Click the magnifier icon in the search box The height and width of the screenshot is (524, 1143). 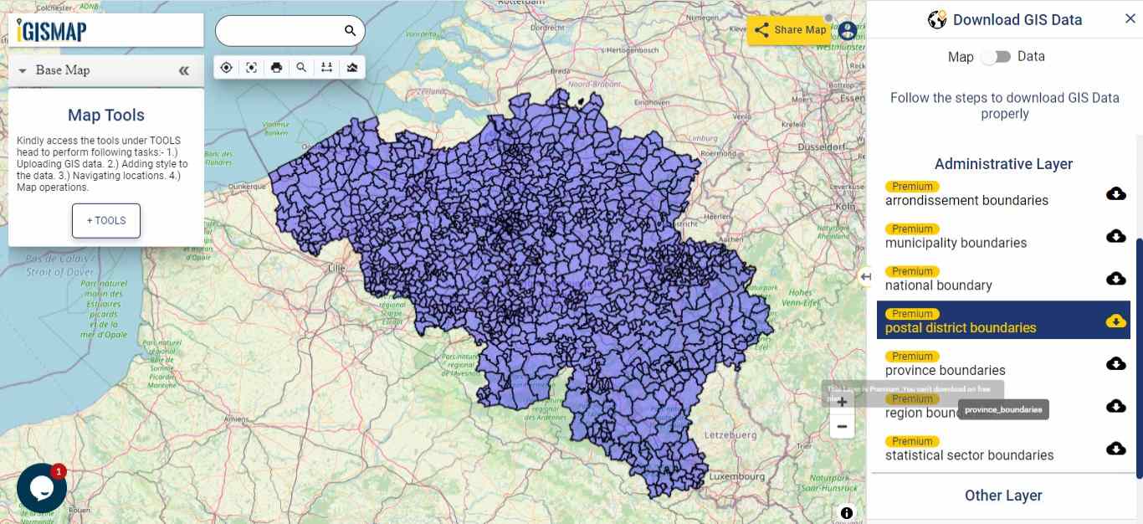pyautogui.click(x=351, y=31)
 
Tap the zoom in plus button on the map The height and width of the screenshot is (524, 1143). pyautogui.click(x=842, y=402)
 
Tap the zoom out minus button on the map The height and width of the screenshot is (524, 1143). pyautogui.click(x=842, y=427)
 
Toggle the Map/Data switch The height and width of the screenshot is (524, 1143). pyautogui.click(x=996, y=57)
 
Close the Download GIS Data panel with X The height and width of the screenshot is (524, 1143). pyautogui.click(x=1130, y=19)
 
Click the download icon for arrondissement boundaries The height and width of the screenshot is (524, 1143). pyautogui.click(x=1115, y=194)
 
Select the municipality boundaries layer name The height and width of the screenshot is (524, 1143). pyautogui.click(x=956, y=243)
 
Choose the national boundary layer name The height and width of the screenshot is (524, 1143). pyautogui.click(x=938, y=285)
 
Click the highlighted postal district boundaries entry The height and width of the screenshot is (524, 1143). pyautogui.click(x=961, y=327)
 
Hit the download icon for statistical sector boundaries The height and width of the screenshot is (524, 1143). pyautogui.click(x=1115, y=449)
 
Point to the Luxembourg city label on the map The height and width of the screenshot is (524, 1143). pyautogui.click(x=736, y=476)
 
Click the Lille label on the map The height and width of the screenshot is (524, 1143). pyautogui.click(x=336, y=268)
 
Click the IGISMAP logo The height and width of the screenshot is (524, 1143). pyautogui.click(x=52, y=31)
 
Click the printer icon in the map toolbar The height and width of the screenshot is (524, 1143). pyautogui.click(x=276, y=68)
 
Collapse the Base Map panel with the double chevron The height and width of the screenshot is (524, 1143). pyautogui.click(x=184, y=70)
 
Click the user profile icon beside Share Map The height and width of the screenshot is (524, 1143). pyautogui.click(x=848, y=31)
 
